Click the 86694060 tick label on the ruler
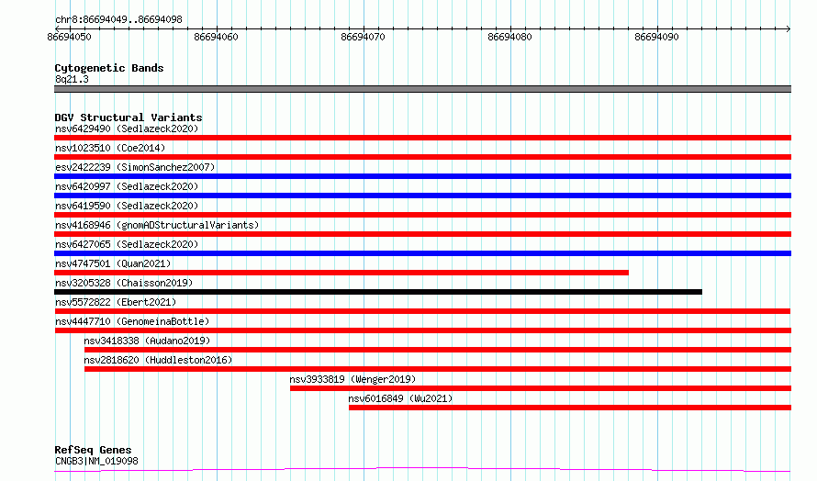216,37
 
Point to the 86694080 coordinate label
509,37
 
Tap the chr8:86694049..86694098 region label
118,19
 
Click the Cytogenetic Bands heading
109,68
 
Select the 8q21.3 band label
72,79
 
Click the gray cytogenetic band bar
422,89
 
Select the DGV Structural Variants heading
129,117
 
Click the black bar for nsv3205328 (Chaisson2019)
378,292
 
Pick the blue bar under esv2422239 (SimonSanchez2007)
422,176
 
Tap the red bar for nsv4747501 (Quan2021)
341,273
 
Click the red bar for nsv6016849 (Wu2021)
570,408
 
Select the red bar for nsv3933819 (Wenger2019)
541,388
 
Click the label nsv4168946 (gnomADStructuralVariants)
157,225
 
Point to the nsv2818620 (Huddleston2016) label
158,360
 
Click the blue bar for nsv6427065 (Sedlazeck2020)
422,253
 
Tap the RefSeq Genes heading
93,450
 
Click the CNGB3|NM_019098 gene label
96,461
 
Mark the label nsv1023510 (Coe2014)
110,148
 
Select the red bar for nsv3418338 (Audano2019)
438,350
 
